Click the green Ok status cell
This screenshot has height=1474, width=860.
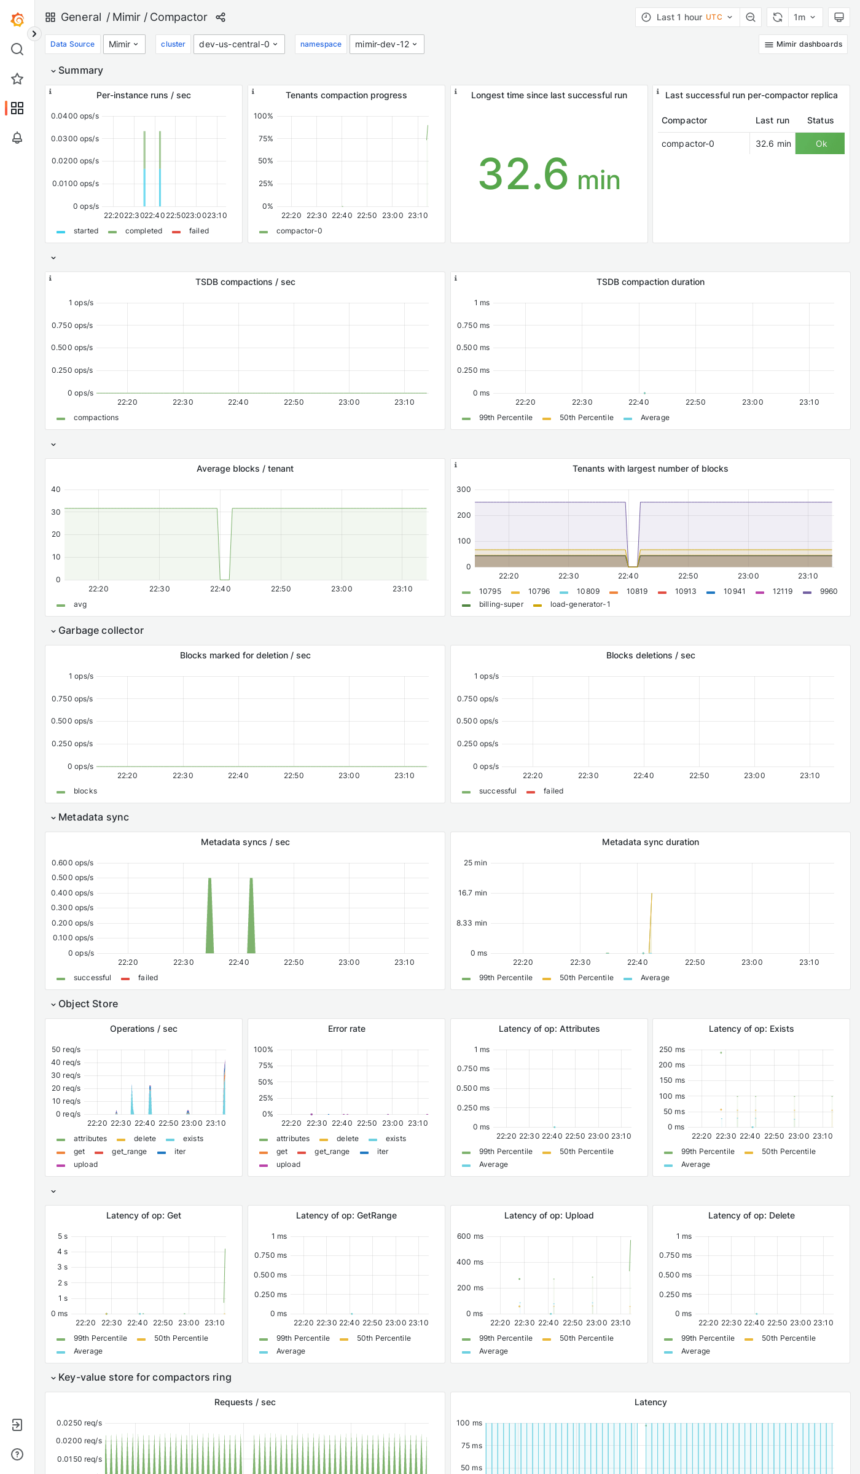[x=820, y=144]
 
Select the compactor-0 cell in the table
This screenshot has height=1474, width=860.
[x=687, y=144]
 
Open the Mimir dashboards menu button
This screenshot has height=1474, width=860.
[x=803, y=44]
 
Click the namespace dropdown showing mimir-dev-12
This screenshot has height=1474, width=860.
[x=386, y=44]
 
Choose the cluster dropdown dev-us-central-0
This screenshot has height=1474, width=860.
[x=238, y=44]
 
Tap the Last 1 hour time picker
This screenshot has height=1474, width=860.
[x=687, y=17]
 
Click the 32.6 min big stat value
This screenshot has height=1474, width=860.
[x=549, y=174]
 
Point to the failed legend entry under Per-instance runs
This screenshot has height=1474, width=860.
[x=198, y=231]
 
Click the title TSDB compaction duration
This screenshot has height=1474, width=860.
[x=650, y=282]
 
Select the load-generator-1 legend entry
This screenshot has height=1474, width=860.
[x=580, y=604]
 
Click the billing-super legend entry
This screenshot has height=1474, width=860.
[x=501, y=604]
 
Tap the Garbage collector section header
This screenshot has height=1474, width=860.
[x=101, y=630]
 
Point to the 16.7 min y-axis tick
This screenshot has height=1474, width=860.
[x=472, y=893]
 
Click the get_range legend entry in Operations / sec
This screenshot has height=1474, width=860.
[x=129, y=1152]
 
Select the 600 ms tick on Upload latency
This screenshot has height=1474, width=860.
[x=470, y=1236]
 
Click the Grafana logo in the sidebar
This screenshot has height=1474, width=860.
[x=17, y=20]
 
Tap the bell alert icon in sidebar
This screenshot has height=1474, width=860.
[x=17, y=138]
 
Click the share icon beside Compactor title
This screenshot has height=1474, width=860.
[x=221, y=17]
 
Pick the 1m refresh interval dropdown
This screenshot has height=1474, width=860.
[x=804, y=17]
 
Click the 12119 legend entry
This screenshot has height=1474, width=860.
[x=782, y=591]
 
